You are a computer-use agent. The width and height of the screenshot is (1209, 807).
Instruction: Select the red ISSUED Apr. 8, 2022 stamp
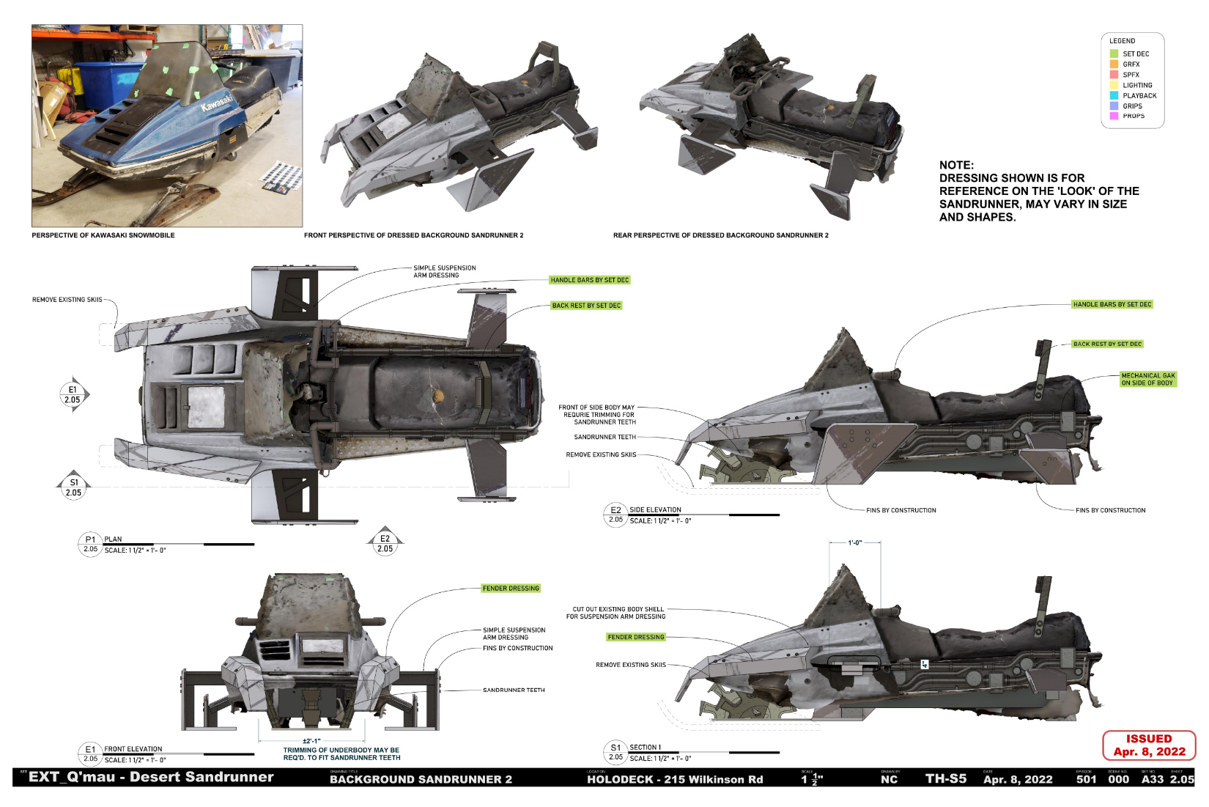pos(1149,745)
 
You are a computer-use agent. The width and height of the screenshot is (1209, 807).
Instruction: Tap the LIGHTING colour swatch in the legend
pos(1114,85)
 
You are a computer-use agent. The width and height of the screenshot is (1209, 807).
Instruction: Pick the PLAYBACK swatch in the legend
pos(1114,95)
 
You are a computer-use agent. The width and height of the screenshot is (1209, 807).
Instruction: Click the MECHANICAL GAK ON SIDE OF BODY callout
pos(1147,379)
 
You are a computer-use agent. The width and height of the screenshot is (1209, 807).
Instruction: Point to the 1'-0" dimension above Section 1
pos(854,543)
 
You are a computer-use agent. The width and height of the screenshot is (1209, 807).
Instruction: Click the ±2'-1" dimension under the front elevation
pos(311,741)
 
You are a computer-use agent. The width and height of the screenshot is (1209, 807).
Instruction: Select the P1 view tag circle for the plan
pos(90,544)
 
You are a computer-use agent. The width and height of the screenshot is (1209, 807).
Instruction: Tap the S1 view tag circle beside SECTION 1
pos(615,752)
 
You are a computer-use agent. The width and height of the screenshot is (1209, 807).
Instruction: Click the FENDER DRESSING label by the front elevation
pos(511,589)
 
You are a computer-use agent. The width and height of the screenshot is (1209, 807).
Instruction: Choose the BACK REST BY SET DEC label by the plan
pos(586,306)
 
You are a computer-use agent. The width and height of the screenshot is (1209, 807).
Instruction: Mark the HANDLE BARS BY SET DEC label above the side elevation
pos(1112,304)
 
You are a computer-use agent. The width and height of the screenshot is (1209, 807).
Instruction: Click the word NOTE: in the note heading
pos(956,166)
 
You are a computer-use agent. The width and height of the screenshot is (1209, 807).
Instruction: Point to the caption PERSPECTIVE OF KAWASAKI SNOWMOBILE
pos(103,235)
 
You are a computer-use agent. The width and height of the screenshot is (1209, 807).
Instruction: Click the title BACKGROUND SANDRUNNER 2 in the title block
pos(421,779)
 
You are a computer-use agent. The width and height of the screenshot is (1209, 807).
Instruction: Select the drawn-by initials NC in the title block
pos(889,779)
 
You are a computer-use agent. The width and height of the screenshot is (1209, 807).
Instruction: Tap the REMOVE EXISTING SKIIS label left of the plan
pos(67,300)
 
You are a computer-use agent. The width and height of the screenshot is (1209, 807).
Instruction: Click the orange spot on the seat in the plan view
pos(438,396)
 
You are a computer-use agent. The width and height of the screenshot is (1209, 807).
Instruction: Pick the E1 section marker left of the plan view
pos(73,395)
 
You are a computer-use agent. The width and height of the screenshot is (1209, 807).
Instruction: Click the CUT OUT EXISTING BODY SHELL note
pos(618,613)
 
